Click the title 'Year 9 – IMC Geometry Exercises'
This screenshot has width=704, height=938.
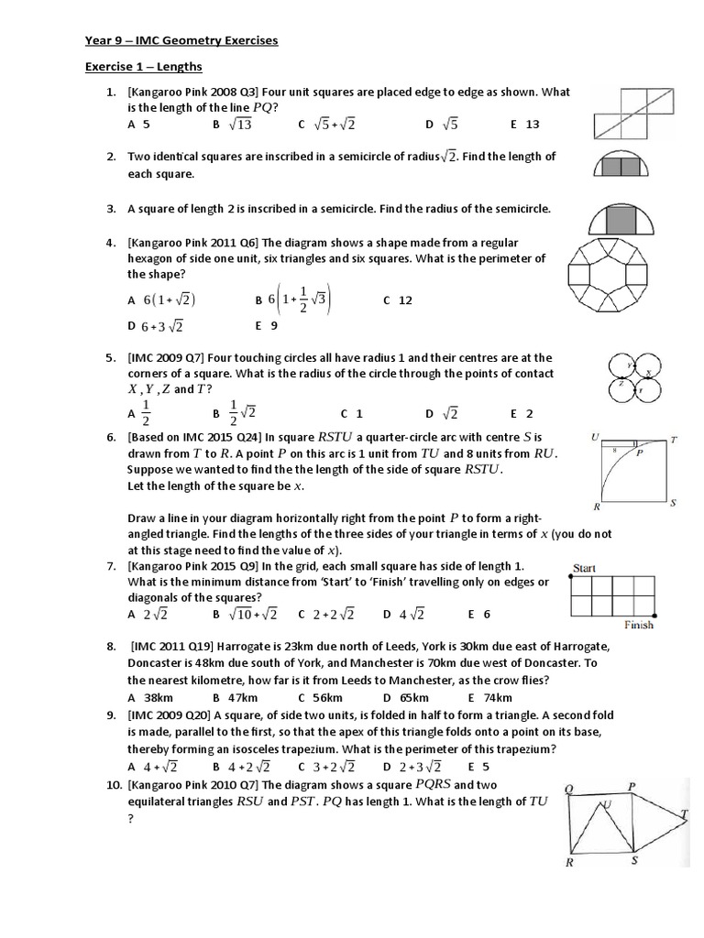click(181, 41)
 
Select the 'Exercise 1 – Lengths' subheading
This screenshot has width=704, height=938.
click(144, 67)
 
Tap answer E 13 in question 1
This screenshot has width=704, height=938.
click(525, 124)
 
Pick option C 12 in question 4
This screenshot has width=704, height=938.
click(398, 300)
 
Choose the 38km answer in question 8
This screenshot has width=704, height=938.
click(151, 697)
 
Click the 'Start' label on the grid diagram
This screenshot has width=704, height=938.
click(584, 568)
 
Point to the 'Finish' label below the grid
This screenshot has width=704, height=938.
click(638, 626)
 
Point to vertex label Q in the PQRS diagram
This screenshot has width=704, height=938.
click(569, 789)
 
